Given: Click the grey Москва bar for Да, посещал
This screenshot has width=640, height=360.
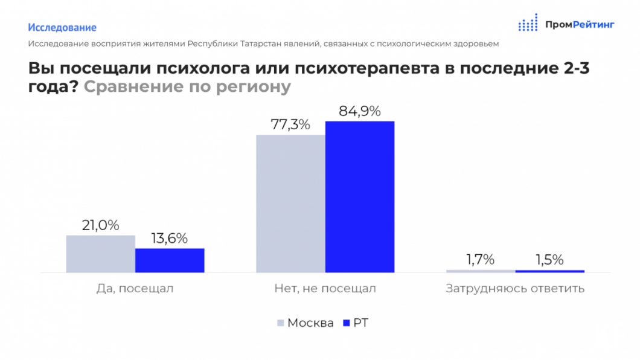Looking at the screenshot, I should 100,254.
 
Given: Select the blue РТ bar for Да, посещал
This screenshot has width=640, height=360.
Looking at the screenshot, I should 170,260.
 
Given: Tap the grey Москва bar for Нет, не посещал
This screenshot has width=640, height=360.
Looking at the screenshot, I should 290,204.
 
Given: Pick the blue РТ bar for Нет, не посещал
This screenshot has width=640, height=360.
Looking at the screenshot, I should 360,197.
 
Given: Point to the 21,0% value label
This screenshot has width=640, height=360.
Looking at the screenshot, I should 100,226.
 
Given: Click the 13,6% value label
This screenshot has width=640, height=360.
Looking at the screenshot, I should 170,239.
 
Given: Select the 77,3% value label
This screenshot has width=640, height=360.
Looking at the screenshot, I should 290,125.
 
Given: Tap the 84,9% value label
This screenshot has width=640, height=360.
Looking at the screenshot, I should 360,112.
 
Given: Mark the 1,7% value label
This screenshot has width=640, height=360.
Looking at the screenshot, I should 480,260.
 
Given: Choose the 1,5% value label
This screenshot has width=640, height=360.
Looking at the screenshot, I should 549,260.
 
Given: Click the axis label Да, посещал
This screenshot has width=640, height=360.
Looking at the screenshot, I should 135,289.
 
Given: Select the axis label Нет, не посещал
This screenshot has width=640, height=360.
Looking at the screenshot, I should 325,289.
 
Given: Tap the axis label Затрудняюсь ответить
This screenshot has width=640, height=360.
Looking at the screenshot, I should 515,289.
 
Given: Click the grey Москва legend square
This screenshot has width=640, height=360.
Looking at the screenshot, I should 280,323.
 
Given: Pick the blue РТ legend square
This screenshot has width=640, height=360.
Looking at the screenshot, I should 346,323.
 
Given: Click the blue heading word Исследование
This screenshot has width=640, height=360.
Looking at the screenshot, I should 62,28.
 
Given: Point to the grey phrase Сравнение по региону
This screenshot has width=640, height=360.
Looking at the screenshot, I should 187,87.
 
